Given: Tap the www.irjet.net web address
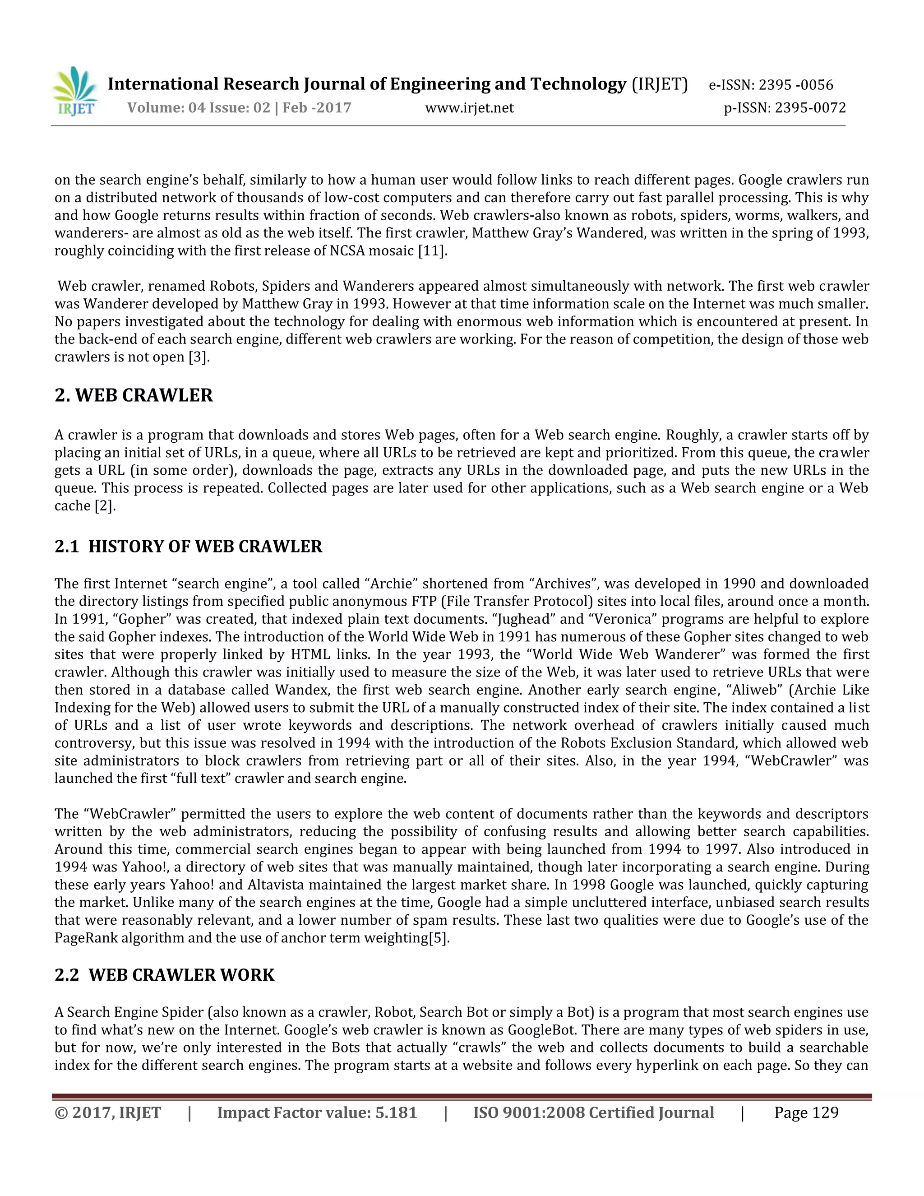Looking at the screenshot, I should tap(469, 108).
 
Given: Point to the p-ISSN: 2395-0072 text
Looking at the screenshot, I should tap(785, 108).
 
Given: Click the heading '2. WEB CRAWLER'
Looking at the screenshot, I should tap(134, 395).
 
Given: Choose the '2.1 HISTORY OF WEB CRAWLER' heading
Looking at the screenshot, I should tap(188, 547).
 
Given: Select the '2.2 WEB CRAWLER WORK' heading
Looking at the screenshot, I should tap(164, 975).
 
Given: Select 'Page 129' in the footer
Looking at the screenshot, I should tap(806, 1113).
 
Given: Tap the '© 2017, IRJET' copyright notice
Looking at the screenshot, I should tap(108, 1113).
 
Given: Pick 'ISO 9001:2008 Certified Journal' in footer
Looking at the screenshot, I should tap(593, 1113).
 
